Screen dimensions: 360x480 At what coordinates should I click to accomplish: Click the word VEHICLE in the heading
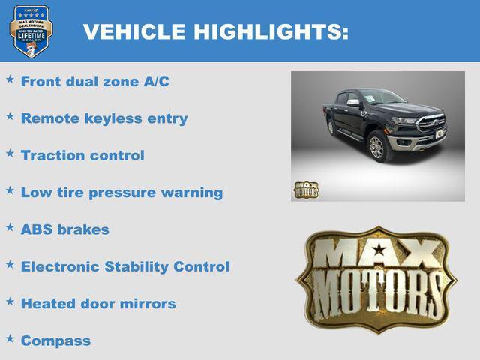click(134, 32)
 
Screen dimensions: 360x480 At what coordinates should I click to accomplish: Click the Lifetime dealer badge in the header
click(31, 31)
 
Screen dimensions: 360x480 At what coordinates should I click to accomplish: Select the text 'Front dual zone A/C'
click(94, 82)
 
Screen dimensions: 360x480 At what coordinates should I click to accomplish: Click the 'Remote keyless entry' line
click(104, 118)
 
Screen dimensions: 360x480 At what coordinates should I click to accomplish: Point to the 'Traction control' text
click(82, 155)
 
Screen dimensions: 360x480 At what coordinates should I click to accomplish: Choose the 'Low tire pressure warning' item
click(121, 192)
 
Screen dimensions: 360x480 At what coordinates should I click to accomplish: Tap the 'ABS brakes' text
click(64, 229)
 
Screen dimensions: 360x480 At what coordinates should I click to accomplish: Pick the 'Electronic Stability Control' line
click(124, 266)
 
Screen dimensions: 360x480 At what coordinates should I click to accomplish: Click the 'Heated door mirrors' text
click(98, 304)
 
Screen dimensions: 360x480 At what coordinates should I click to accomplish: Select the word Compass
click(55, 340)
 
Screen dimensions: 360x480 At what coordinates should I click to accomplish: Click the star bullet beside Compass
click(10, 338)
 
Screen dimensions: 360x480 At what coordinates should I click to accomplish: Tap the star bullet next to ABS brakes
click(10, 227)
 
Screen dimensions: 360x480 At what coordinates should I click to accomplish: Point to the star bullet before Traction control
click(10, 153)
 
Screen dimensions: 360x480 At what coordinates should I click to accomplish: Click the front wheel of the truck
click(376, 147)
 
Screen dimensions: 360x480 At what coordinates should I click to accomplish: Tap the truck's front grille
click(431, 123)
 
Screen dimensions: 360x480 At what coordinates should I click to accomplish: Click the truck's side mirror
click(352, 103)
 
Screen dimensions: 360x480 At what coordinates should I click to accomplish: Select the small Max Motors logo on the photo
click(306, 190)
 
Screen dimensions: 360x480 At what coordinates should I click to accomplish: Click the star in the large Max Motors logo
click(379, 250)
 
